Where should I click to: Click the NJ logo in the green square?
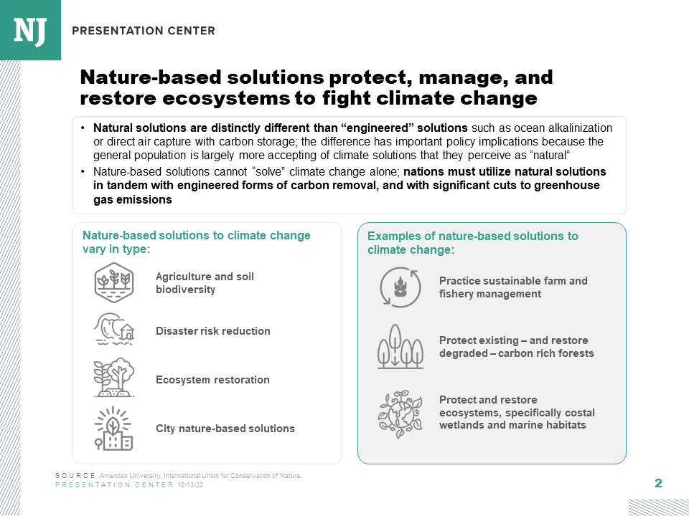(x=30, y=29)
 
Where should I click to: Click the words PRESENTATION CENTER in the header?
(x=144, y=31)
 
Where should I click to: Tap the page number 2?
(x=658, y=484)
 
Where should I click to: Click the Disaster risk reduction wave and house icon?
(x=113, y=330)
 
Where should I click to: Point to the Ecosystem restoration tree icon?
(x=113, y=378)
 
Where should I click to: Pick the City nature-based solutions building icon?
(x=113, y=428)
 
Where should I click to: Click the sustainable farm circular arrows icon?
(x=400, y=287)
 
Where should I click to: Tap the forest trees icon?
(x=400, y=347)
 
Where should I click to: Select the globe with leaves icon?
(x=400, y=414)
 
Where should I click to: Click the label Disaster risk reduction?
(x=213, y=331)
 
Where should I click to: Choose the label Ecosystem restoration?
(x=212, y=380)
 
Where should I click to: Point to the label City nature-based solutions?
(x=225, y=429)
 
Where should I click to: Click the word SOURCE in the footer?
(x=75, y=476)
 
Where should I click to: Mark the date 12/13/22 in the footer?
(x=189, y=485)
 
